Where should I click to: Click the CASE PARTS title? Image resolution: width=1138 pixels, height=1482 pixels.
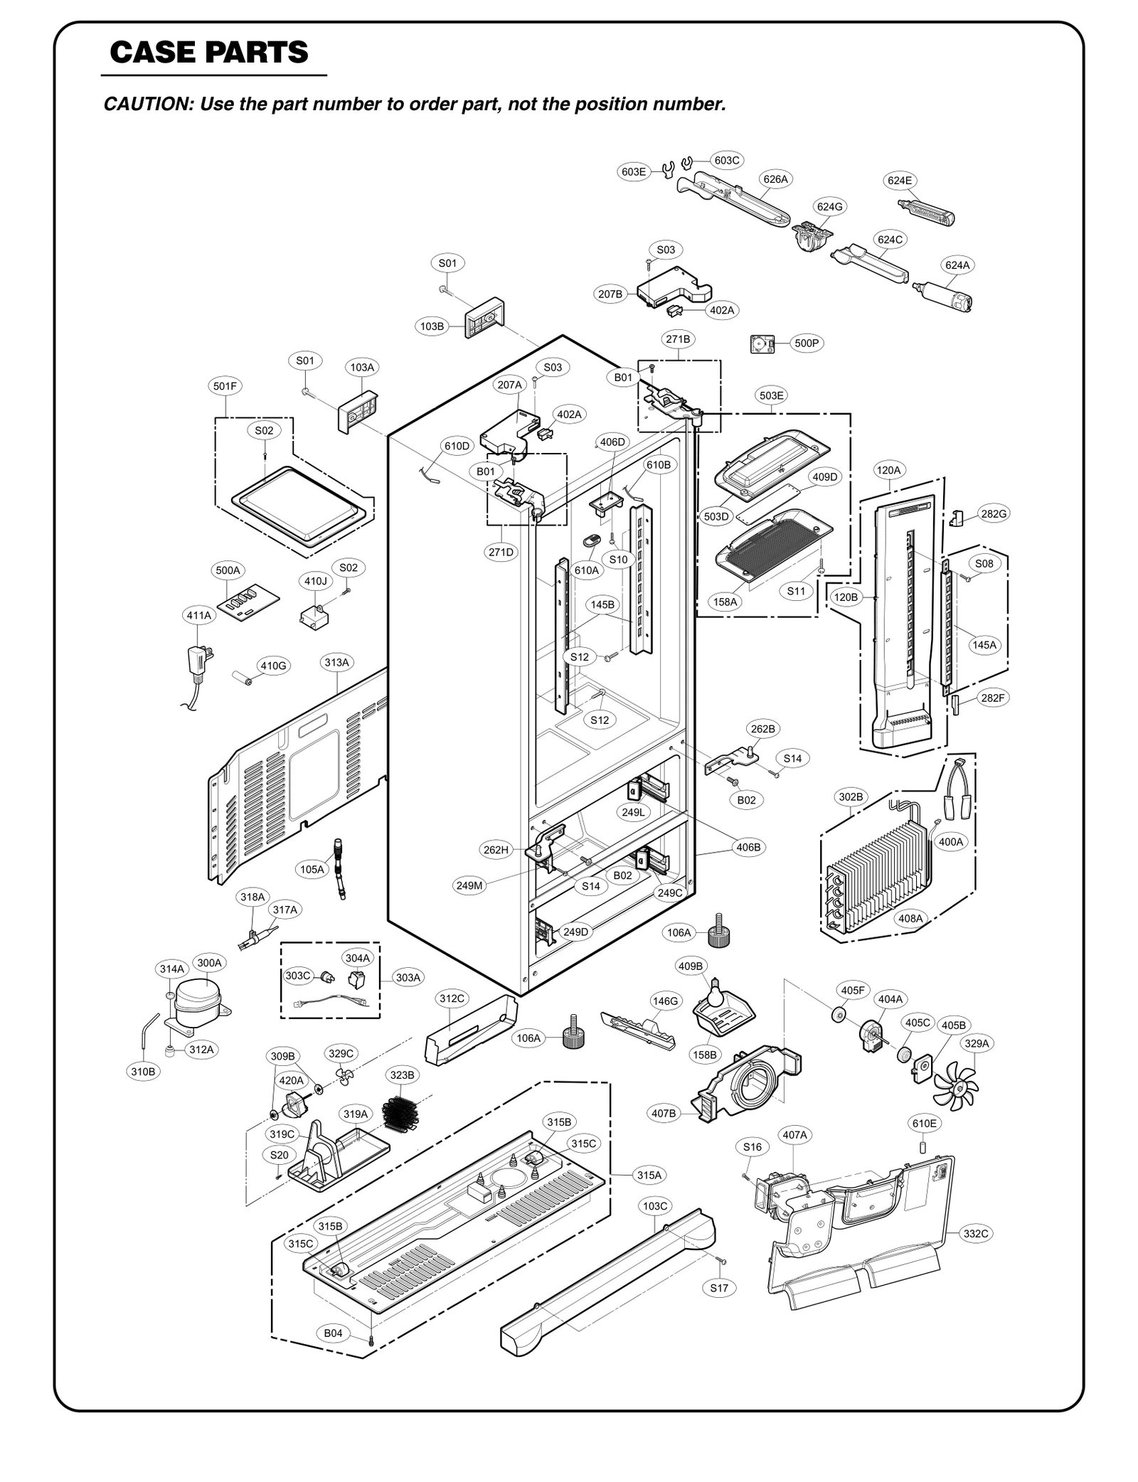tap(209, 52)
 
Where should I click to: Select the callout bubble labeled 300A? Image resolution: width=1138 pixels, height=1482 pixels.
tap(210, 963)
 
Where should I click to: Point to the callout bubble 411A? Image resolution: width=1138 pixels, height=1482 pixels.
tap(199, 615)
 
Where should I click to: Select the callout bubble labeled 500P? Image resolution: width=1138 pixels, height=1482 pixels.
tap(807, 343)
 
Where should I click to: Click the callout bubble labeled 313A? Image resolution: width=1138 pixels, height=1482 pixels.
tap(337, 663)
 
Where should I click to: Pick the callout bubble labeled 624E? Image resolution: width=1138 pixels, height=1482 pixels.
tap(900, 181)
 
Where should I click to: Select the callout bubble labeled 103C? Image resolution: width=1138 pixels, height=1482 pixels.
tap(655, 1205)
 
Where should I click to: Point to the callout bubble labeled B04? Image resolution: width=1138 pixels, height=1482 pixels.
tap(334, 1333)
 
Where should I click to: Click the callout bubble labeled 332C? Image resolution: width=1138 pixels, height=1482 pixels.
tap(976, 1234)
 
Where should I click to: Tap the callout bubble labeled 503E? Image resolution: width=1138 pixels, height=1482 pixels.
tap(772, 395)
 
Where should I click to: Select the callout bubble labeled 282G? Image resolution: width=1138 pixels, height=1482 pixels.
tap(994, 513)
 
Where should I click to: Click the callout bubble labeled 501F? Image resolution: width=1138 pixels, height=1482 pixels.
tap(225, 386)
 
